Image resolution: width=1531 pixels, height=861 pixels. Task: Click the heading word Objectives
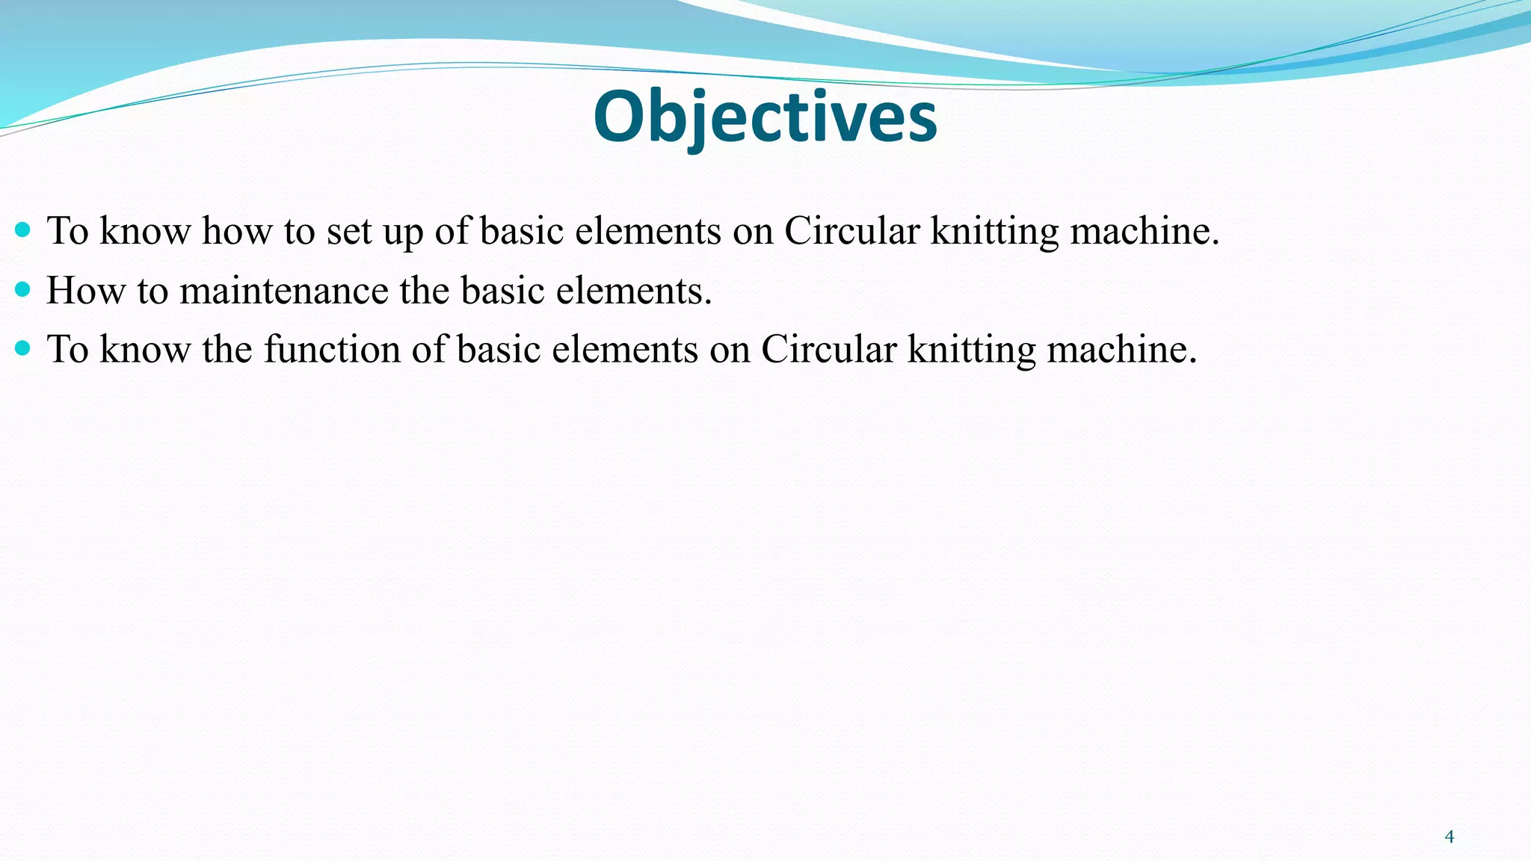click(765, 117)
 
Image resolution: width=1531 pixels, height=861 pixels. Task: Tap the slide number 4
click(1450, 836)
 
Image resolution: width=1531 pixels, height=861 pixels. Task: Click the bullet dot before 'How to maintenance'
click(22, 288)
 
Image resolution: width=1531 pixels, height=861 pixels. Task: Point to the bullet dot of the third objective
click(22, 348)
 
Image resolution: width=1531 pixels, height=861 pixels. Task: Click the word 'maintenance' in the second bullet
click(283, 291)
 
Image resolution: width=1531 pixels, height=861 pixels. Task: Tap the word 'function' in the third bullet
click(332, 349)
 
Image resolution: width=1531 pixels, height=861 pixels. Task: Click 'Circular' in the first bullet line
click(851, 231)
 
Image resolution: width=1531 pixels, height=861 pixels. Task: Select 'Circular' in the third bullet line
click(828, 349)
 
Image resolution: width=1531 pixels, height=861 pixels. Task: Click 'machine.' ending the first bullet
click(1145, 231)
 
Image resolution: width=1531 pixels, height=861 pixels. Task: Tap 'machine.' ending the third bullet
click(1121, 349)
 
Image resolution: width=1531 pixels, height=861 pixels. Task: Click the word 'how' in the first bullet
click(237, 231)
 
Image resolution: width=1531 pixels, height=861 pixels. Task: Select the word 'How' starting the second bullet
click(85, 291)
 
